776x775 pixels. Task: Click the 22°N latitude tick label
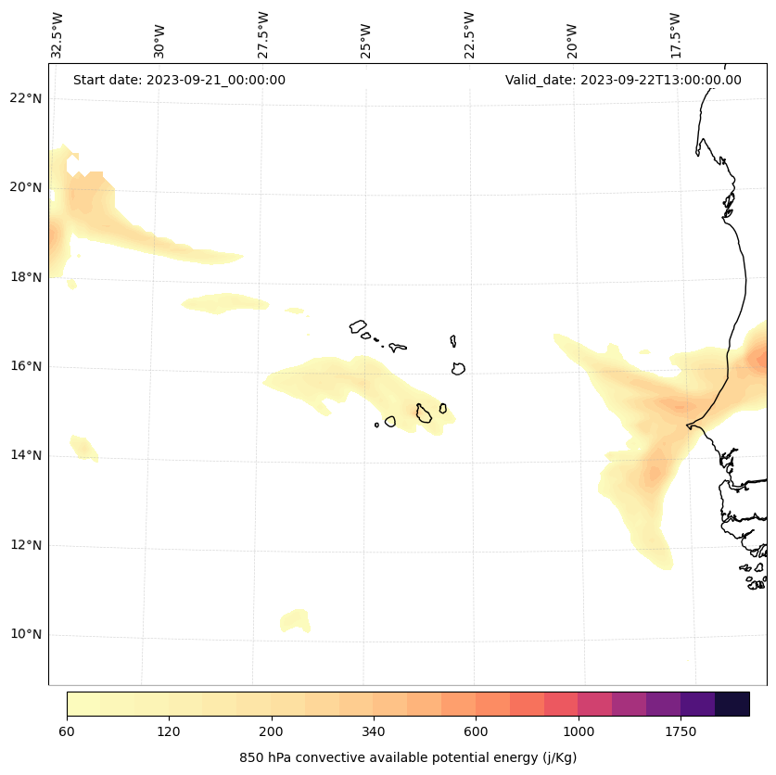26,98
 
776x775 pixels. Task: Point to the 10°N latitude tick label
26,635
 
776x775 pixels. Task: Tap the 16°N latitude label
26,366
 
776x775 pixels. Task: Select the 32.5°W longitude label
57,35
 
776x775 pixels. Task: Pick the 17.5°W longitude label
676,35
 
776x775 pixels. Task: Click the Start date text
179,80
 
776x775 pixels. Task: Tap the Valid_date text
623,80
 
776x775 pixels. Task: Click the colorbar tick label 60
67,731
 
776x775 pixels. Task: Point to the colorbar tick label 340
374,731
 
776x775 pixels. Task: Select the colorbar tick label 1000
579,731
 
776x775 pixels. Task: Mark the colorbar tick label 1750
681,731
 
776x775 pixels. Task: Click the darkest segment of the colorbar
732,704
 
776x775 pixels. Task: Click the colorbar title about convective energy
408,757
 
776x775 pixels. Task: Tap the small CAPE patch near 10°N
295,620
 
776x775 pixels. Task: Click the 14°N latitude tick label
26,455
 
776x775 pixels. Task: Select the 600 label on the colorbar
476,731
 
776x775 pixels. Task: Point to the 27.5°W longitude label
262,35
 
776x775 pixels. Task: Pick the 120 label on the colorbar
169,731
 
